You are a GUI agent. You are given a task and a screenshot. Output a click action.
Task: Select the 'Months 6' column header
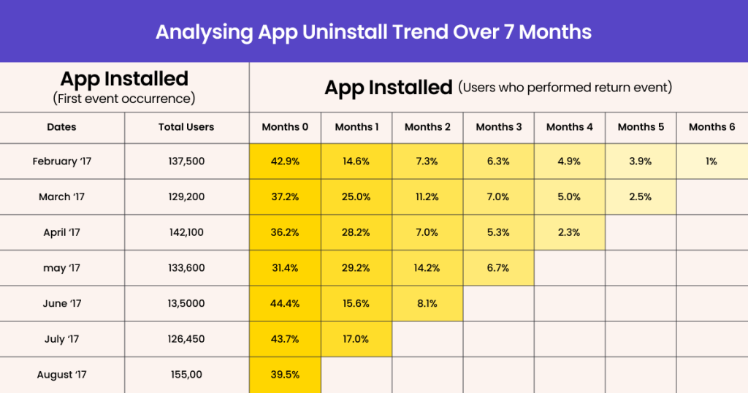[711, 127]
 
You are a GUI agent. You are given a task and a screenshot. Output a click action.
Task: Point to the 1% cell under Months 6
[711, 161]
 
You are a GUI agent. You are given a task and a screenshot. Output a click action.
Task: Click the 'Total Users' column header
[186, 127]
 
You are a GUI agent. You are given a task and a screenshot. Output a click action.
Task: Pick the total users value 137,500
[186, 161]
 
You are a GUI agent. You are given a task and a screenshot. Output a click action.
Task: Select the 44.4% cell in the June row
[285, 304]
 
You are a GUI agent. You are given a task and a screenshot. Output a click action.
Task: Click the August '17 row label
[62, 375]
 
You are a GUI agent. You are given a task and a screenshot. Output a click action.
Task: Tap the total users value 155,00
[186, 375]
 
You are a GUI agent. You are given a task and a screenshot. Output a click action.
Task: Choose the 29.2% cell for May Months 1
[356, 268]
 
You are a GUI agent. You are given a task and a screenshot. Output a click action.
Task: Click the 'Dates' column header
[62, 127]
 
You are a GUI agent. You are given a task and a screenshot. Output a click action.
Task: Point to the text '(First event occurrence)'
[124, 99]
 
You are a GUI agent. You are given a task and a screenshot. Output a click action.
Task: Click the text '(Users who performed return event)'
[565, 88]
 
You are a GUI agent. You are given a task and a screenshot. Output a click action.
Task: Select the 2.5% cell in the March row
[641, 196]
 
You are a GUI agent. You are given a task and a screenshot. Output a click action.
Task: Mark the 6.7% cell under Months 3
[498, 268]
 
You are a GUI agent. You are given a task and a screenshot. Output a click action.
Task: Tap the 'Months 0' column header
[285, 127]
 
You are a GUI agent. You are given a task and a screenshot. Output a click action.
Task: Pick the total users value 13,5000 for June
[186, 304]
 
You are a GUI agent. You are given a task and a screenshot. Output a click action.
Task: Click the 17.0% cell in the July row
[356, 339]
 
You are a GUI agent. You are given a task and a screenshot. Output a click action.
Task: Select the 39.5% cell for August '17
[285, 375]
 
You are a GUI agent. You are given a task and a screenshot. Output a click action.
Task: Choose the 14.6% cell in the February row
[356, 161]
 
